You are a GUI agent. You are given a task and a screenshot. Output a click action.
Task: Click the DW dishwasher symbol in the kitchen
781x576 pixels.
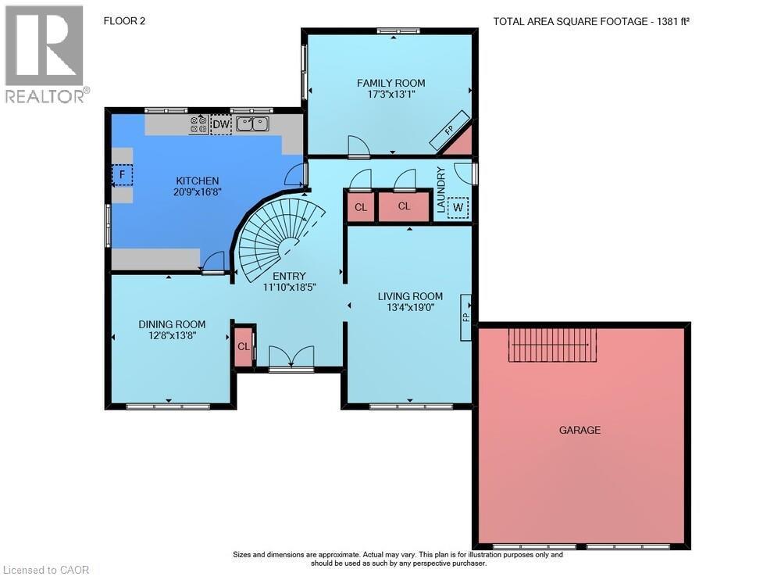click(221, 124)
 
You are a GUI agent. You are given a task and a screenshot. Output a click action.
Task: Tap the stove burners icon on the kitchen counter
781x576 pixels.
click(198, 124)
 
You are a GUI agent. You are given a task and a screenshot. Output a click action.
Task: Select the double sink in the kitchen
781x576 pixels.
click(252, 123)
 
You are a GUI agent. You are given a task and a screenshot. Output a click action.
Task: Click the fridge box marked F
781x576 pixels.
click(122, 175)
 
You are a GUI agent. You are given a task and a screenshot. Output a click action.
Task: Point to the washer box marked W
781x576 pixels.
click(458, 207)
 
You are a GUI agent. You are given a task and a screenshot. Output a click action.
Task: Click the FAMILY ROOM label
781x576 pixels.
click(391, 83)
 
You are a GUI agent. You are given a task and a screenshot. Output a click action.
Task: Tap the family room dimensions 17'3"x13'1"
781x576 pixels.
click(391, 94)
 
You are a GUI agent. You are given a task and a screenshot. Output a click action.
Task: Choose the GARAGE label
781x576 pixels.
click(580, 430)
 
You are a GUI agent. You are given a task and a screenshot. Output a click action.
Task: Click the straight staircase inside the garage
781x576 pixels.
click(552, 345)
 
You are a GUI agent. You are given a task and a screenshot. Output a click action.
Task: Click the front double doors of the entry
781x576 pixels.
click(291, 358)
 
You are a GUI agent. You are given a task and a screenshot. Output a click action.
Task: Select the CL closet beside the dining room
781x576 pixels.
click(244, 347)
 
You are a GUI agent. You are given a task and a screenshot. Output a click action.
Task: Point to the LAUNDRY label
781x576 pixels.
click(440, 190)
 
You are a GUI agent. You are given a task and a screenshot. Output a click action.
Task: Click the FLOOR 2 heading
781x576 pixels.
click(124, 21)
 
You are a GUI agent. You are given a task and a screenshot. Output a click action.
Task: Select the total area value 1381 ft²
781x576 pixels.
click(673, 21)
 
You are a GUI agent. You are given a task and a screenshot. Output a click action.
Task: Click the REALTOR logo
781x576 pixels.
click(47, 54)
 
